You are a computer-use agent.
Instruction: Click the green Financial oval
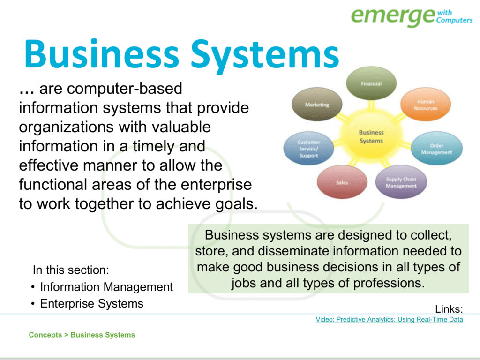pos(371,84)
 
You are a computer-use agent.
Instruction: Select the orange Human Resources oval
pos(425,105)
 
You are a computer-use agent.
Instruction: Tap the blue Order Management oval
pos(436,149)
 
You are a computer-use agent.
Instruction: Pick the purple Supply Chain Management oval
pos(401,182)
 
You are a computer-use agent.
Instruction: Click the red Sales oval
pos(342,182)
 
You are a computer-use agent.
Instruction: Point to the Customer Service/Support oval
pos(308,149)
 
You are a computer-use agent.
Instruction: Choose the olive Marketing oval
pos(317,105)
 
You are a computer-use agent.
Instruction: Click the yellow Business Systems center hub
pos(371,137)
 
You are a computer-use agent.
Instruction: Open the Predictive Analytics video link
pos(389,320)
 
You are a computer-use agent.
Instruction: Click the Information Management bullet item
pos(106,287)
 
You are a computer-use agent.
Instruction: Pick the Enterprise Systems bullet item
pos(91,304)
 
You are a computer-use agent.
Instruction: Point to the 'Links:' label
pos(449,309)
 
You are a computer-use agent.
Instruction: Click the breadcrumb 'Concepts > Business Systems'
pos(82,335)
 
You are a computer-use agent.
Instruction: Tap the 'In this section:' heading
pos(71,270)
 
